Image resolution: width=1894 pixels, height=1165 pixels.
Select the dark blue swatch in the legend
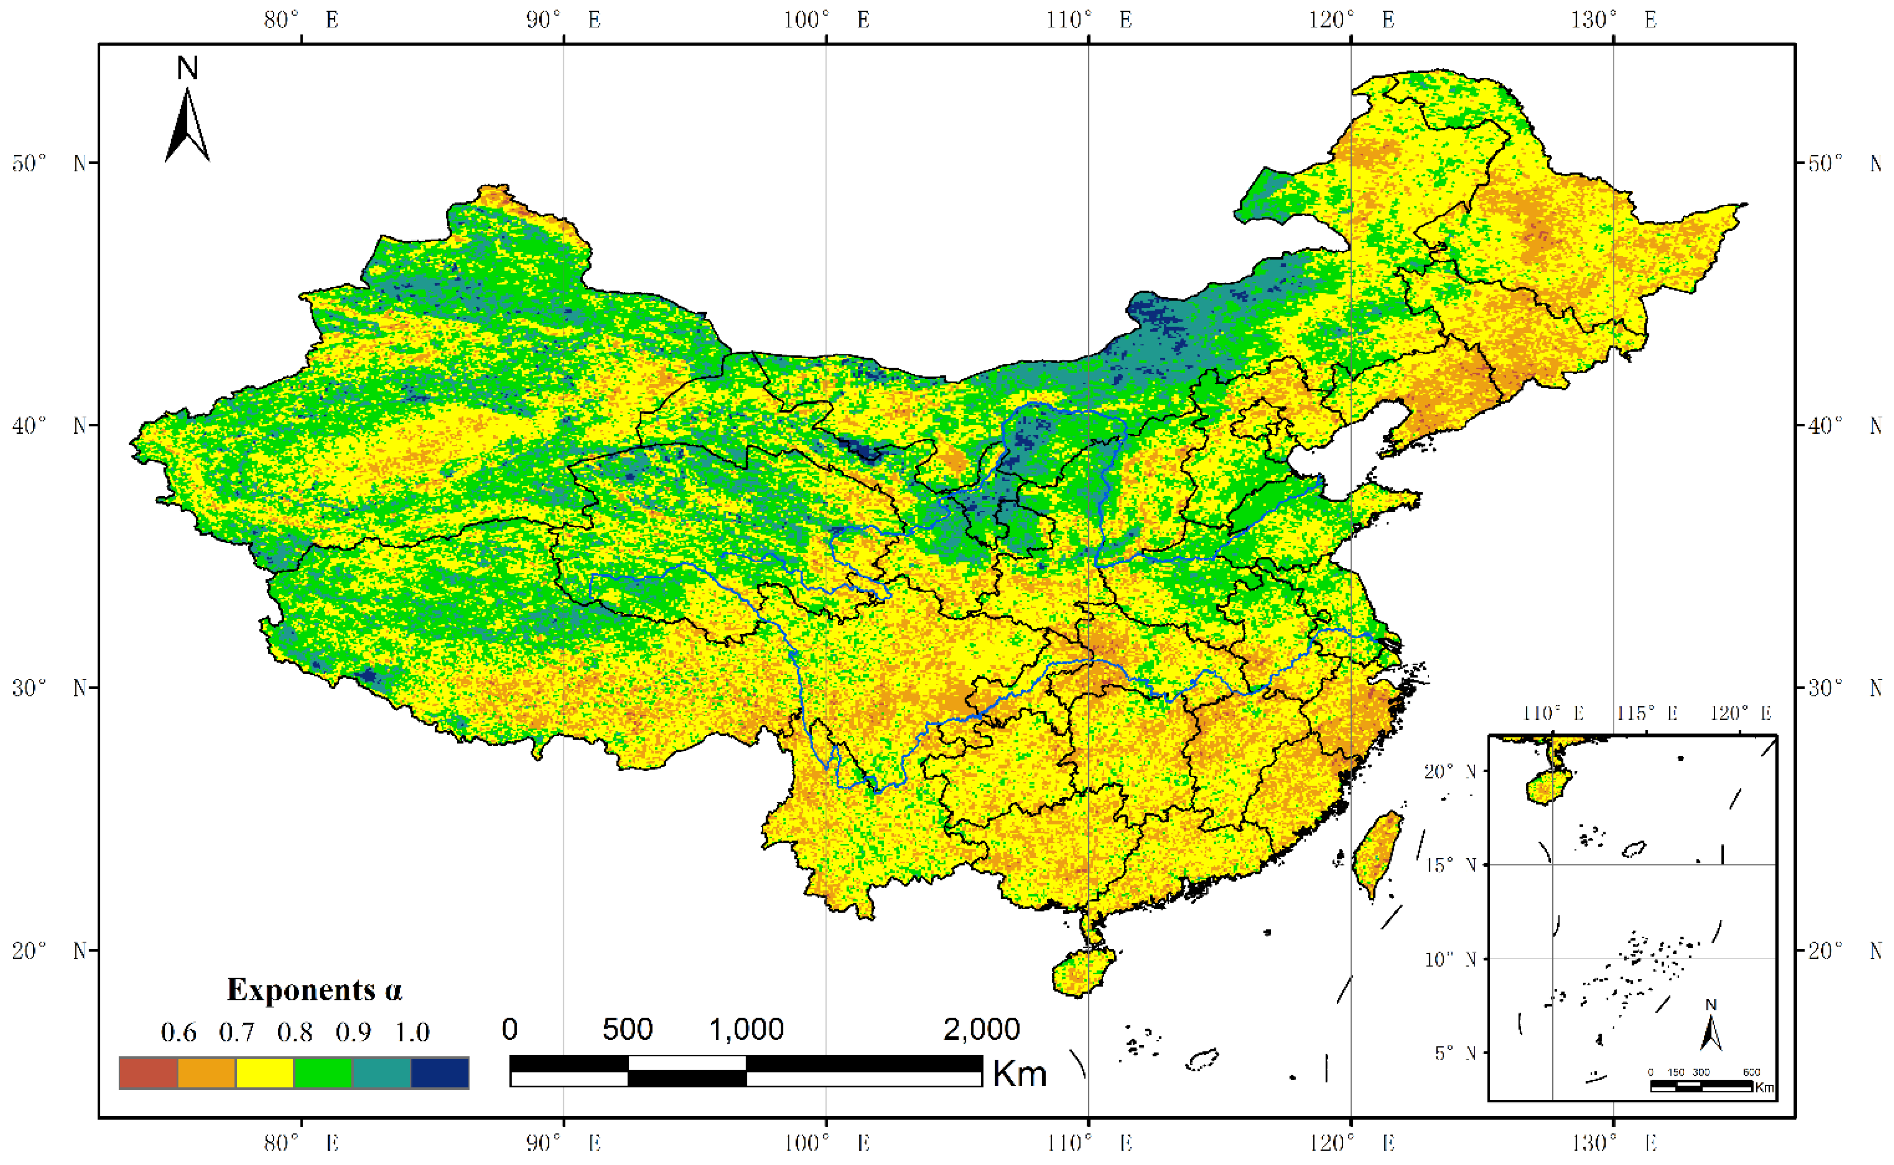pyautogui.click(x=440, y=1072)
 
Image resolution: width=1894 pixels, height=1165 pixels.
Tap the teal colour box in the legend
pyautogui.click(x=381, y=1072)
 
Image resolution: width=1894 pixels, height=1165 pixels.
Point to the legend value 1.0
pyautogui.click(x=412, y=1032)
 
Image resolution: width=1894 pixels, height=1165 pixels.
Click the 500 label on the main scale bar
pyautogui.click(x=627, y=1030)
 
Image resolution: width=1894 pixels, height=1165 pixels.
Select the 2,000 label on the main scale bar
pyautogui.click(x=981, y=1030)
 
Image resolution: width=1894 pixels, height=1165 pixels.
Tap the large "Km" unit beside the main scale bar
pyautogui.click(x=1019, y=1073)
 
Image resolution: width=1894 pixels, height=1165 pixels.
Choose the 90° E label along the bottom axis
pyautogui.click(x=563, y=1142)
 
